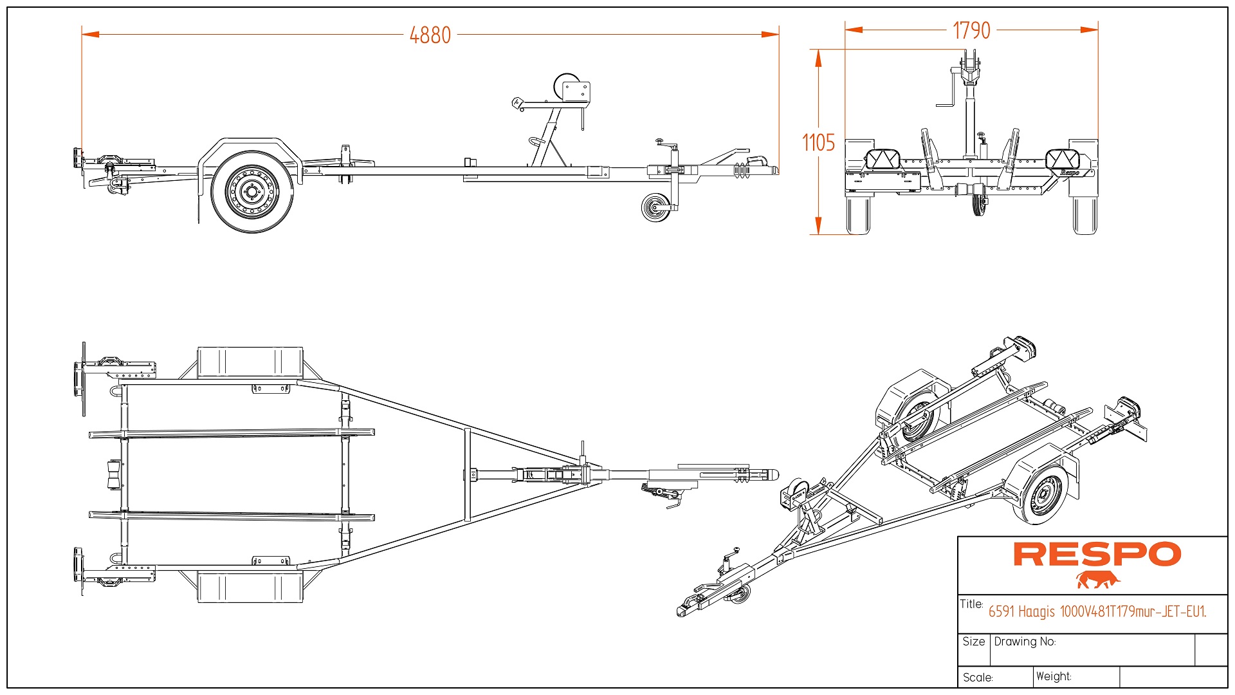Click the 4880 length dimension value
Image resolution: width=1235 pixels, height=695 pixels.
tap(430, 35)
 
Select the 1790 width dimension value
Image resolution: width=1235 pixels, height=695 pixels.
tap(971, 30)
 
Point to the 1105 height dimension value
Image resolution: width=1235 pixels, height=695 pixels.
tap(818, 142)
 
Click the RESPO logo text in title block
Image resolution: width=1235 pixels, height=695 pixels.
tap(1097, 555)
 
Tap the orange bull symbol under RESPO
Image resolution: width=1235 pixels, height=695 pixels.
tap(1097, 580)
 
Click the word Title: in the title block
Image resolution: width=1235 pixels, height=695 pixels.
tap(971, 604)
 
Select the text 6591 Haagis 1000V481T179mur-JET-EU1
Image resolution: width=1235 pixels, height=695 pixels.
tap(1097, 611)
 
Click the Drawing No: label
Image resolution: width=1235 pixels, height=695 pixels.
tap(1025, 642)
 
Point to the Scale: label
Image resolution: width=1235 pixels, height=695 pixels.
tap(978, 678)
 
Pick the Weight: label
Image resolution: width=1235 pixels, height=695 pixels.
tap(1054, 676)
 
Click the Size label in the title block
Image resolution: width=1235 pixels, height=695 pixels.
tap(974, 642)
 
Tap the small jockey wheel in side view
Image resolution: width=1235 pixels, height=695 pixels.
tap(655, 207)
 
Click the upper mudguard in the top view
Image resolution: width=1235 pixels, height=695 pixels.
tap(250, 362)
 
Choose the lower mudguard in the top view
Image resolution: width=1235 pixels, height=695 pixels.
tap(250, 586)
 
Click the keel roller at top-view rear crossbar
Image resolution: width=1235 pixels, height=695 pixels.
tap(113, 475)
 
